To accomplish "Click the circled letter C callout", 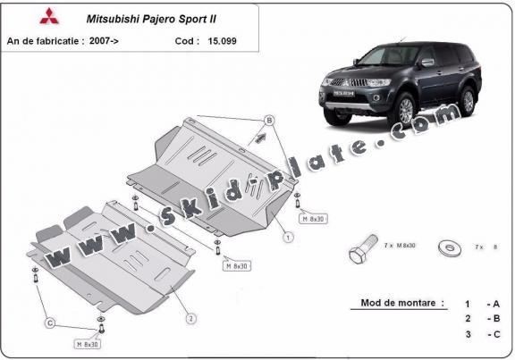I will pos(50,322).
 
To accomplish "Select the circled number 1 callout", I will pos(289,238).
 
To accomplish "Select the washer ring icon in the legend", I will pos(447,247).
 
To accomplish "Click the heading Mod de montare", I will pos(401,303).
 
